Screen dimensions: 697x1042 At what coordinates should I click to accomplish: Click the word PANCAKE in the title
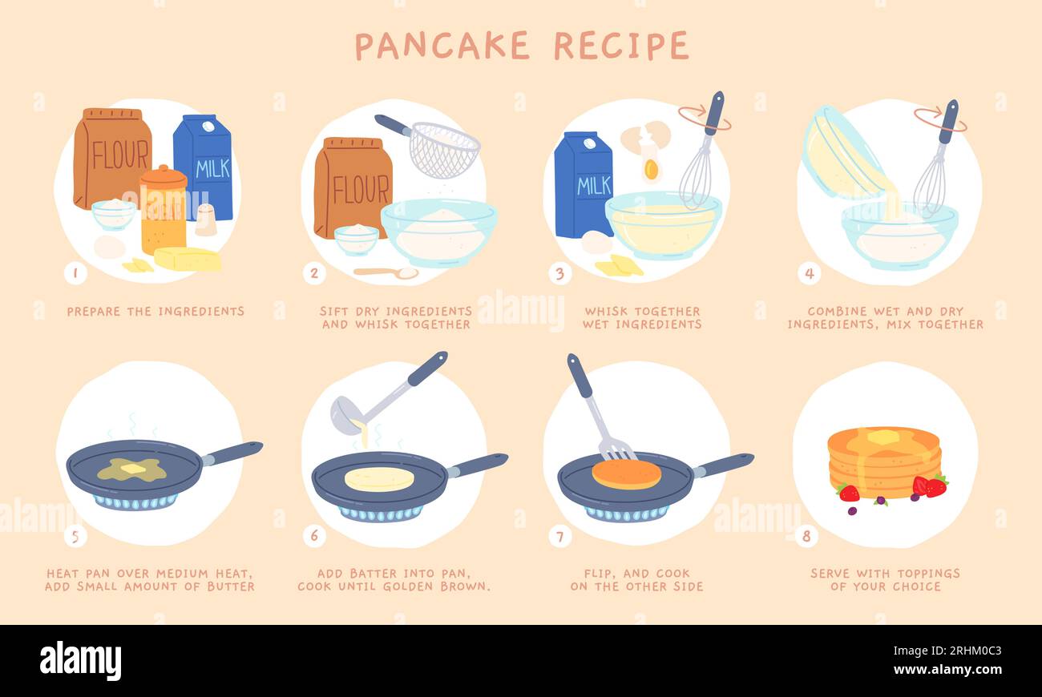click(x=442, y=46)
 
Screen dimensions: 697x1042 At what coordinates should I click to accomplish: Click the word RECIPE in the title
click(x=621, y=46)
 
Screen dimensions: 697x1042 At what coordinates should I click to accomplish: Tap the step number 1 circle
click(x=75, y=273)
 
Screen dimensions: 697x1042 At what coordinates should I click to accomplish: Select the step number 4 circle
click(x=809, y=273)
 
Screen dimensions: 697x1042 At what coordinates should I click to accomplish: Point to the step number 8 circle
click(x=806, y=536)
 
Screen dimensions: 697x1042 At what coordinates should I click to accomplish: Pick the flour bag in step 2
click(x=353, y=188)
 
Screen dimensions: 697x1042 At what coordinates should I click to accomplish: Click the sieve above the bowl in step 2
click(x=443, y=149)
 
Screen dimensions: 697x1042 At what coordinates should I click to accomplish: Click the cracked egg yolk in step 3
click(x=651, y=169)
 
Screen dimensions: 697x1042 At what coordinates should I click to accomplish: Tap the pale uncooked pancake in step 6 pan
click(x=379, y=478)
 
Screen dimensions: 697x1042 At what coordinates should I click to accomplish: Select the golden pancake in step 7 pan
click(x=626, y=473)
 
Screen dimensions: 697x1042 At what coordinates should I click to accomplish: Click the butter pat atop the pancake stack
click(x=882, y=437)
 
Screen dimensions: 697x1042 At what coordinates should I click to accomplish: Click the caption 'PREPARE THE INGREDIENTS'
click(x=155, y=311)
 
